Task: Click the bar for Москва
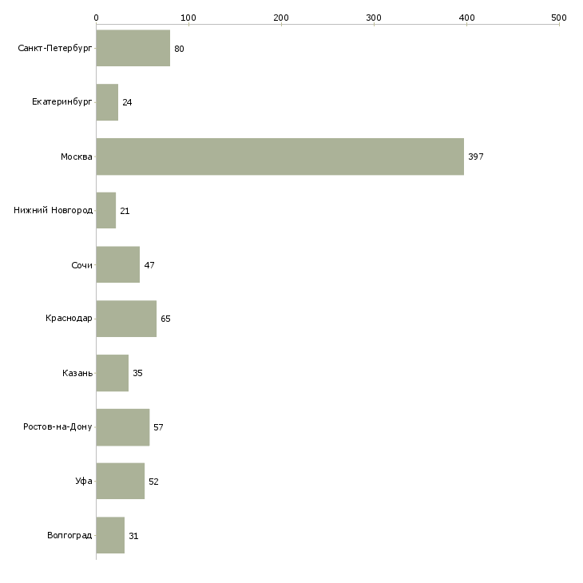pyautogui.click(x=280, y=157)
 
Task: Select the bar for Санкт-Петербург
pyautogui.click(x=133, y=49)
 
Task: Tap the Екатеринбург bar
pyautogui.click(x=107, y=102)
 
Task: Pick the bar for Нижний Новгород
pyautogui.click(x=106, y=211)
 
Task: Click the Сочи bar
pyautogui.click(x=117, y=264)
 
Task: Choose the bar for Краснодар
pyautogui.click(x=126, y=319)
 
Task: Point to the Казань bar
pyautogui.click(x=112, y=373)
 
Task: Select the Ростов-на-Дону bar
pyautogui.click(x=122, y=427)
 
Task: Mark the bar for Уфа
pyautogui.click(x=120, y=481)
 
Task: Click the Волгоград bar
pyautogui.click(x=110, y=535)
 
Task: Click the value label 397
pyautogui.click(x=476, y=157)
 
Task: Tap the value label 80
pyautogui.click(x=179, y=49)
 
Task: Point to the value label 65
pyautogui.click(x=165, y=319)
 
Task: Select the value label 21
pyautogui.click(x=125, y=211)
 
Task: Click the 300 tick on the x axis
pyautogui.click(x=374, y=17)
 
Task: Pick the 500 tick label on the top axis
pyautogui.click(x=559, y=17)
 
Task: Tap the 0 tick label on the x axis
pyautogui.click(x=96, y=17)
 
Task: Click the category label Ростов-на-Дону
pyautogui.click(x=58, y=427)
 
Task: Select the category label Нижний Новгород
pyautogui.click(x=54, y=211)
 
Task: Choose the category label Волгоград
pyautogui.click(x=69, y=535)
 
